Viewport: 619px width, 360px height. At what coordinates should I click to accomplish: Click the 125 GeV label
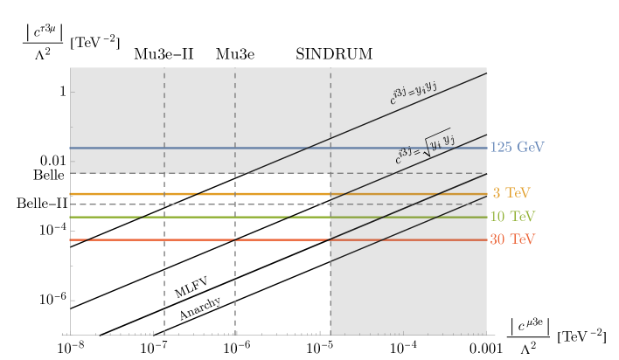point(518,148)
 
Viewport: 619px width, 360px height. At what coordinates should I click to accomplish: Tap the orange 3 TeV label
point(511,193)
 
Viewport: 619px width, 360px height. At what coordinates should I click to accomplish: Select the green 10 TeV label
point(513,217)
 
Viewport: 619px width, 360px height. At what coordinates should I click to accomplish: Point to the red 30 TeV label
point(513,239)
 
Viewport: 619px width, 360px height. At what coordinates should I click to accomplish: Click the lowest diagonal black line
point(411,228)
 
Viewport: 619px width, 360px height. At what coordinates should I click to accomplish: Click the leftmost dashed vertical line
point(164,262)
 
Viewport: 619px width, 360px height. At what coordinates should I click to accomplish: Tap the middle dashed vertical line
point(235,262)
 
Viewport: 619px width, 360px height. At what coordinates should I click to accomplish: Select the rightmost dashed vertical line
point(330,262)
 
